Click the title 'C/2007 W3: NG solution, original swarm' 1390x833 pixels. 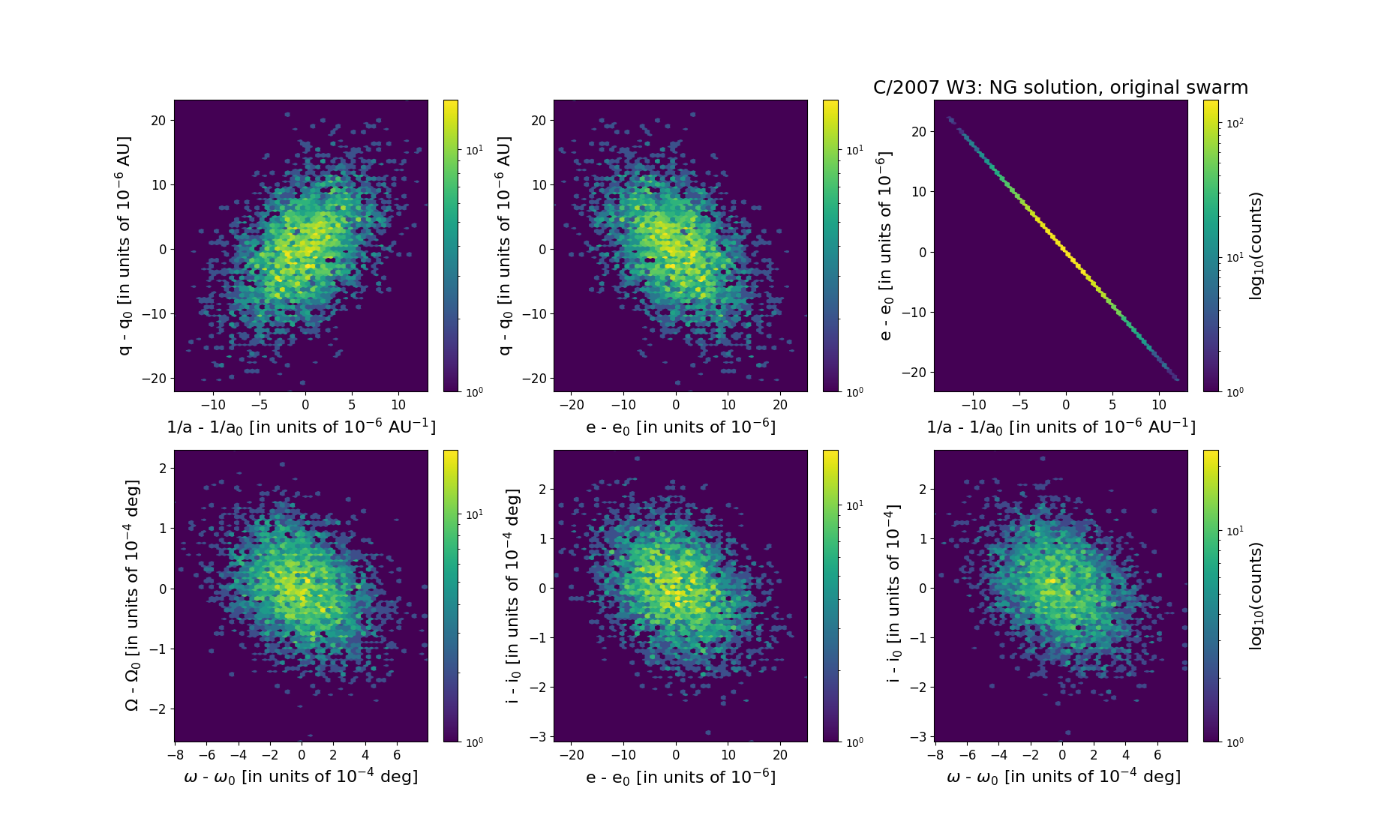pyautogui.click(x=1060, y=88)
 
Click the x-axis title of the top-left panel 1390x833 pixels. pyautogui.click(x=301, y=427)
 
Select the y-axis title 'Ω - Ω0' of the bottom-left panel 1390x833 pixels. pyautogui.click(x=131, y=595)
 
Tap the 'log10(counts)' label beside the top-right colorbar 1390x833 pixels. pyautogui.click(x=1256, y=246)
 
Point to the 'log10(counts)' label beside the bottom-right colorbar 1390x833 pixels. pyautogui.click(x=1256, y=595)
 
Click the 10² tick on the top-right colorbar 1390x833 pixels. pyautogui.click(x=1232, y=122)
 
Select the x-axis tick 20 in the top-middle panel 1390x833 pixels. pyautogui.click(x=780, y=406)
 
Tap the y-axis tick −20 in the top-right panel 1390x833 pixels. pyautogui.click(x=917, y=373)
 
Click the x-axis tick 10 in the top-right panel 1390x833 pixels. pyautogui.click(x=1159, y=406)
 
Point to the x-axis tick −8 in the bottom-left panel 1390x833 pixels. pyautogui.click(x=175, y=755)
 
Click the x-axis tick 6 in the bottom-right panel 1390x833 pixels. pyautogui.click(x=1157, y=755)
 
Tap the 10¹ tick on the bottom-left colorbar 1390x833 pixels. pyautogui.click(x=474, y=514)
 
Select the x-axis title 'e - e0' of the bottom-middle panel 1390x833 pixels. pyautogui.click(x=680, y=777)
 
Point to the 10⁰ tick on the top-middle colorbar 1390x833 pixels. pyautogui.click(x=854, y=391)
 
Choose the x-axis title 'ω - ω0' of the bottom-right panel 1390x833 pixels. pyautogui.click(x=1063, y=777)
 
